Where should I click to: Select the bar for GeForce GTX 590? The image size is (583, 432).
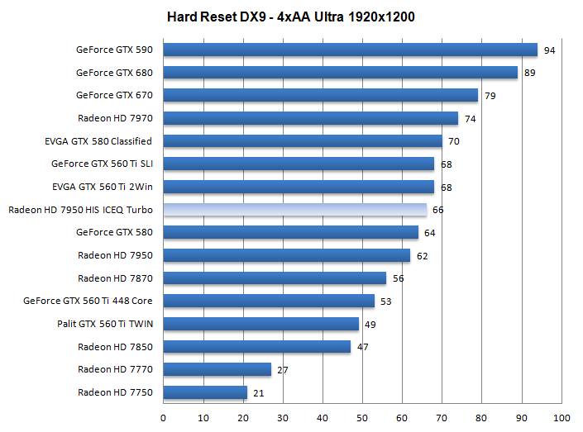pos(350,50)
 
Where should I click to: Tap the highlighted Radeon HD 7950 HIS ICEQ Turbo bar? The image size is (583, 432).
pos(294,210)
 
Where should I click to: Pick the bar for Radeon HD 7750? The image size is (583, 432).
pos(205,392)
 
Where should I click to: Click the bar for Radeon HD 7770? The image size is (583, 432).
pos(217,369)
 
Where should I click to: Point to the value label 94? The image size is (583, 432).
pos(549,51)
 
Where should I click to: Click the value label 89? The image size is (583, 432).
pos(529,74)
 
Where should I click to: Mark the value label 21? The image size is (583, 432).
pos(259,393)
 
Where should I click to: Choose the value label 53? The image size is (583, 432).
pos(386,301)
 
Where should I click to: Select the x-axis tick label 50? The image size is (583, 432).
pos(362,417)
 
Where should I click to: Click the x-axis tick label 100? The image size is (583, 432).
pos(561,417)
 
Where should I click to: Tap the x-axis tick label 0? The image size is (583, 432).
pos(164,417)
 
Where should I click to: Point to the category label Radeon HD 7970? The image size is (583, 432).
pos(115,118)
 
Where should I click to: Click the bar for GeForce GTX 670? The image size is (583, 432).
pos(320,95)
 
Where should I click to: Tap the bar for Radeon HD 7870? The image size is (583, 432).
pos(275,278)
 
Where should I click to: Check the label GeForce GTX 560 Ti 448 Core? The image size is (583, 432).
pos(88,301)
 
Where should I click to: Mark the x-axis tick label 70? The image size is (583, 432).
pos(442,417)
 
